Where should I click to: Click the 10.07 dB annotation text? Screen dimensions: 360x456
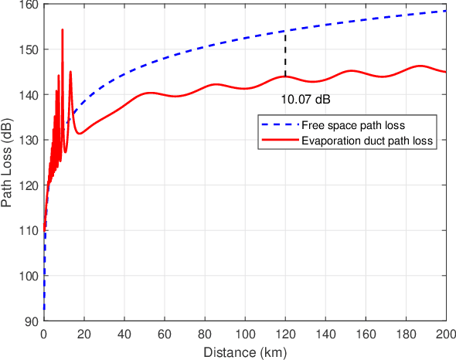point(305,100)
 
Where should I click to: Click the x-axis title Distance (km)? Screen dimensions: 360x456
point(245,352)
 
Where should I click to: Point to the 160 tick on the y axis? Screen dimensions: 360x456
point(31,5)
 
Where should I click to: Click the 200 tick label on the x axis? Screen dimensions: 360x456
point(446,335)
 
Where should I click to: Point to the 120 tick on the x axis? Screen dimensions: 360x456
point(285,335)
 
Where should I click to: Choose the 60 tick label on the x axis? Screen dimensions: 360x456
point(164,335)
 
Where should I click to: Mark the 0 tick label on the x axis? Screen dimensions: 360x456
point(43,335)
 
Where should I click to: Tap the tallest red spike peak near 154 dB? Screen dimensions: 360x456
point(63,29)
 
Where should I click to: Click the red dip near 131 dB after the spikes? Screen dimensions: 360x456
point(80,134)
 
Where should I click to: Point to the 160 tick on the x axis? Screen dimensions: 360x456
point(366,335)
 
